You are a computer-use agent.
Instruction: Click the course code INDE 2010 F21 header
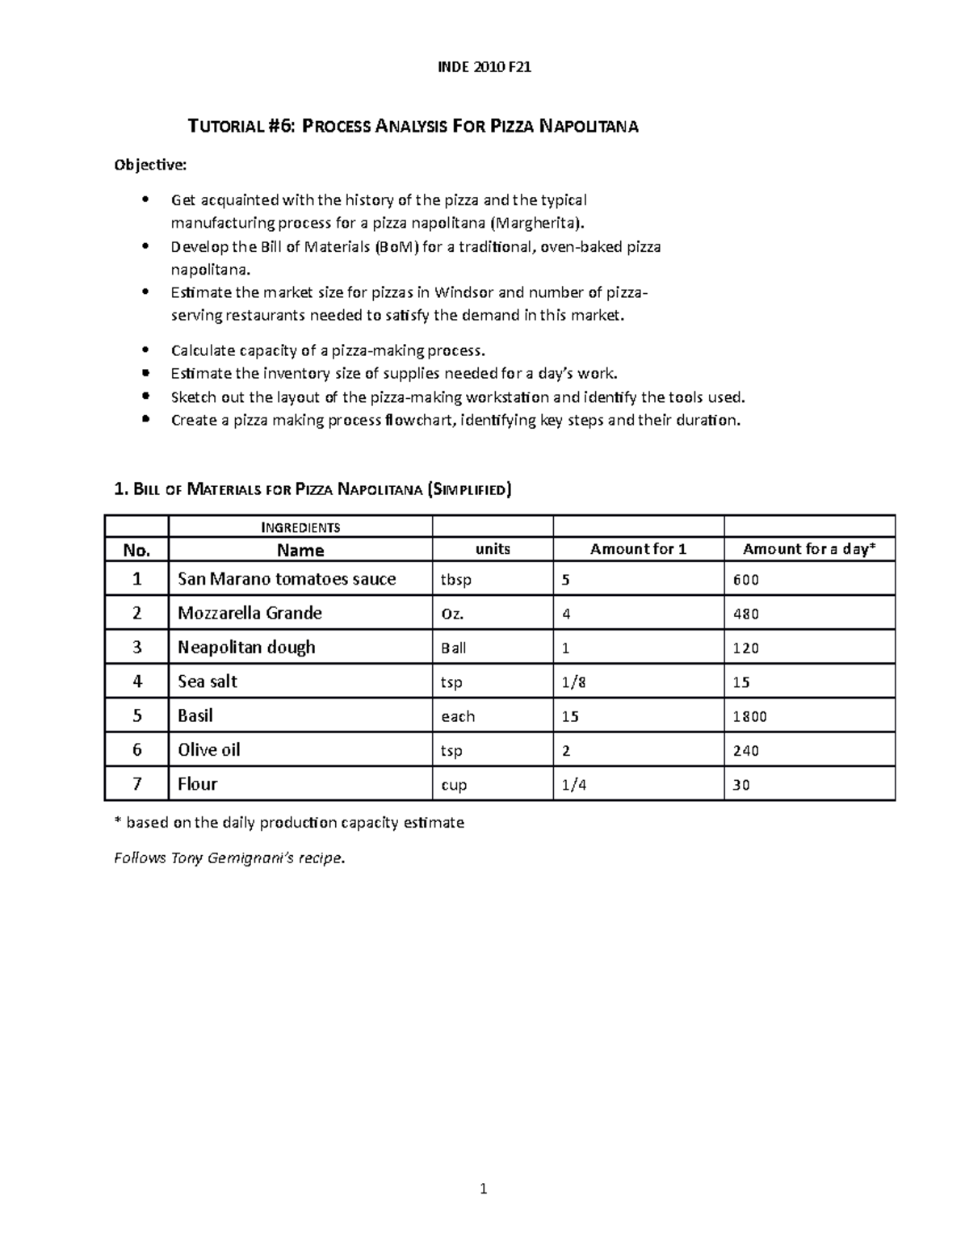click(484, 68)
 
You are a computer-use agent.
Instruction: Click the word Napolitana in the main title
click(588, 127)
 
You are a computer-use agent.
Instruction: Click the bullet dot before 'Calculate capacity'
click(145, 350)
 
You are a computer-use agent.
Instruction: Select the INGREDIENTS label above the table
click(300, 528)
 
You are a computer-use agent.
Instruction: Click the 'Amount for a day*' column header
click(808, 549)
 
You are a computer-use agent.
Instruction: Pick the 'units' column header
click(493, 549)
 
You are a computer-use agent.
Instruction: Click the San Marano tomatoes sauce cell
click(287, 579)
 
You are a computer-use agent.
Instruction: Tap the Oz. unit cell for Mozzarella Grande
click(452, 614)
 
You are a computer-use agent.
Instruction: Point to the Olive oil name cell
click(209, 750)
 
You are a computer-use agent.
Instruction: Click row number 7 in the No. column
click(136, 784)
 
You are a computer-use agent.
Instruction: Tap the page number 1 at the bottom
click(484, 1189)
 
